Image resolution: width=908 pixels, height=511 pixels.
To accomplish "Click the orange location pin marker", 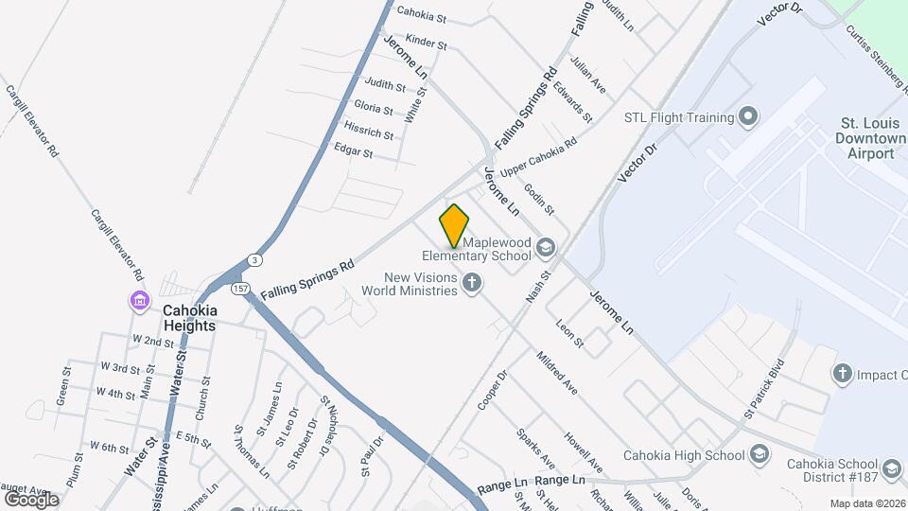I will tap(455, 225).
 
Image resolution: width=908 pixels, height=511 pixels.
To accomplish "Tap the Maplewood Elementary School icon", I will tap(545, 248).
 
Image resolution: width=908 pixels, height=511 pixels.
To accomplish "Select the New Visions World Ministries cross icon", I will tap(471, 283).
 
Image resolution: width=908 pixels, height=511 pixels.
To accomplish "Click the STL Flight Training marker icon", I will tap(749, 117).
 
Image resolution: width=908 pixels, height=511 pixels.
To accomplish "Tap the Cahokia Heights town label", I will tap(189, 317).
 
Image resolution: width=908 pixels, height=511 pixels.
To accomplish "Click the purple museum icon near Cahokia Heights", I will tap(140, 302).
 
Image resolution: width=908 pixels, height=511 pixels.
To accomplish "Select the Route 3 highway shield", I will tap(254, 259).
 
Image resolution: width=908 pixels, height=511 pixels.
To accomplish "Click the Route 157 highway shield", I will tap(241, 288).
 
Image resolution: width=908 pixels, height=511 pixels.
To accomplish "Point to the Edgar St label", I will tap(354, 150).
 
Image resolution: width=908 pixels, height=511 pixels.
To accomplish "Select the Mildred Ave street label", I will tap(557, 373).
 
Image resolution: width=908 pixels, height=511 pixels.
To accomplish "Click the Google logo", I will tap(30, 499).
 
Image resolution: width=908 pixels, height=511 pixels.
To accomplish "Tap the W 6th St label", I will tap(109, 446).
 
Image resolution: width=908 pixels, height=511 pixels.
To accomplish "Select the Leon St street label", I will tap(570, 337).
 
